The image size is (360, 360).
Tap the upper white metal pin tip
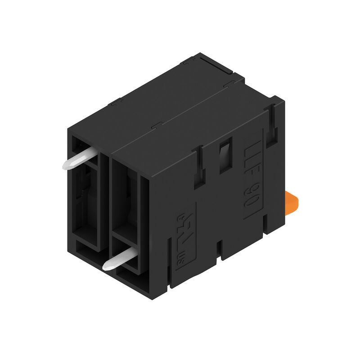tap(67, 164)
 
